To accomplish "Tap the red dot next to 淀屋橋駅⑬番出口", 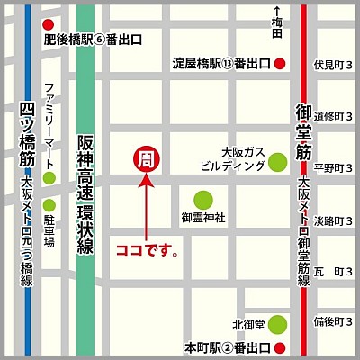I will point(281,64).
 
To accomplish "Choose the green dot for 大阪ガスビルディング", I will point(279,164).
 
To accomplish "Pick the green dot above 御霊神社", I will point(204,199).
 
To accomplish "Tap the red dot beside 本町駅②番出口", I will point(281,347).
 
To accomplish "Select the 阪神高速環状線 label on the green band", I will point(85,193).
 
